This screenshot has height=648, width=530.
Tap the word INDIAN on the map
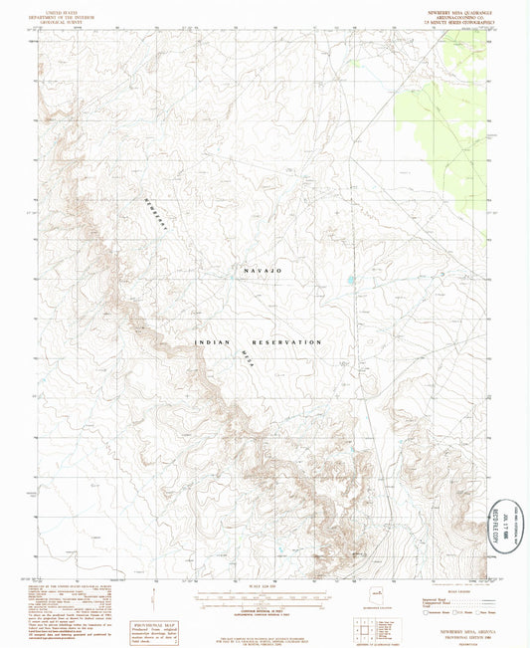(x=212, y=341)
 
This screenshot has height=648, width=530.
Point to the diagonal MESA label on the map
(x=246, y=353)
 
